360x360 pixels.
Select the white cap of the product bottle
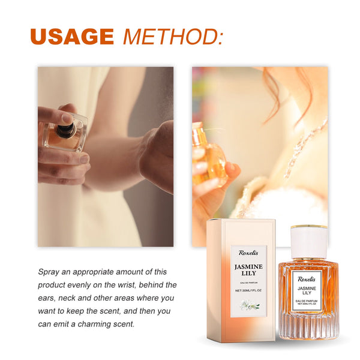308,242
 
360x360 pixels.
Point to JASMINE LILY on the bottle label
308,290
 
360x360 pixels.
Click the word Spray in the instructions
49,272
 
